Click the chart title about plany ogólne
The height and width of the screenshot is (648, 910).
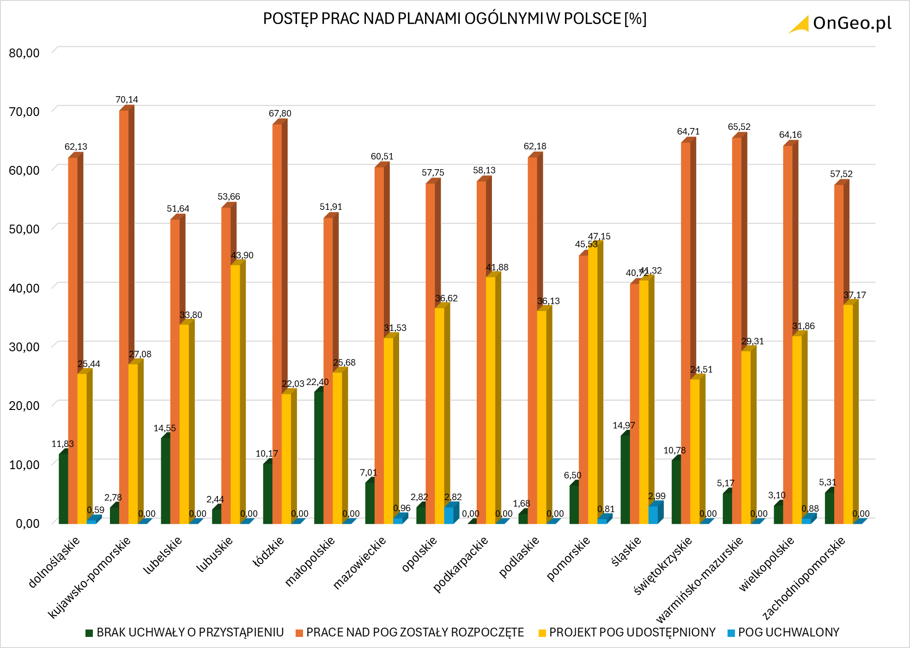point(455,19)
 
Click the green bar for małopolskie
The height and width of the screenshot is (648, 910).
point(319,458)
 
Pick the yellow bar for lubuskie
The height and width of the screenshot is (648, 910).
point(235,393)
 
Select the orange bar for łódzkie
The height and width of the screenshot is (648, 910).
point(277,324)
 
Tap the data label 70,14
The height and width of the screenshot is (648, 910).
point(127,100)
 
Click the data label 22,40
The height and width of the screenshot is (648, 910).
point(317,382)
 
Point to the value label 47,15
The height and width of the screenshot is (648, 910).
point(599,237)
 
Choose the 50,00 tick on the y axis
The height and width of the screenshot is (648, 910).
point(24,229)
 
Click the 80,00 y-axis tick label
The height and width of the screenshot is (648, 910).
point(24,53)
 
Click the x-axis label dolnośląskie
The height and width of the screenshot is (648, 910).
point(54,562)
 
